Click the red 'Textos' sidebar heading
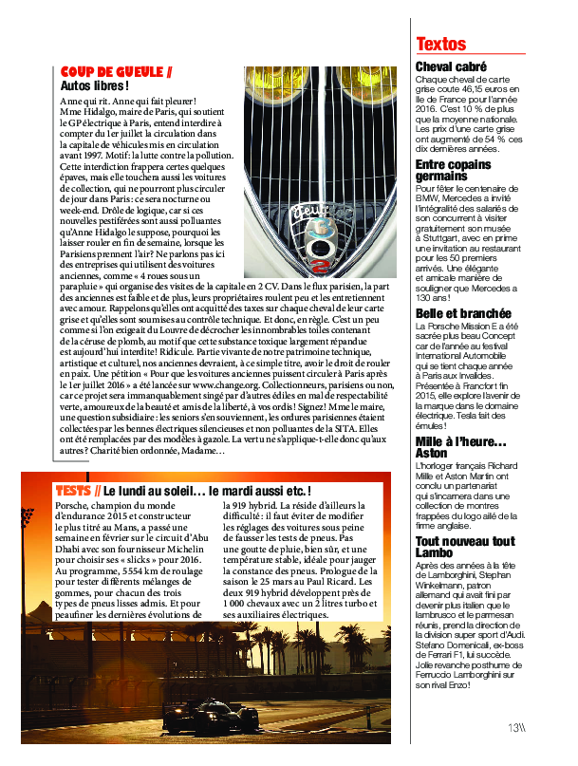tap(441, 45)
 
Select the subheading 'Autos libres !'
tap(94, 86)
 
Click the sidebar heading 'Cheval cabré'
tap(452, 66)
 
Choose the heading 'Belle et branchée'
tap(464, 313)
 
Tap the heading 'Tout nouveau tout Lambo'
tap(465, 548)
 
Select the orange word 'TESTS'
tap(73, 491)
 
